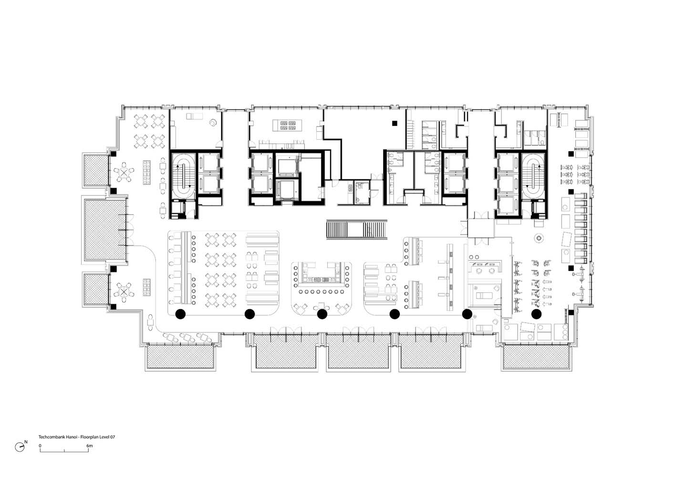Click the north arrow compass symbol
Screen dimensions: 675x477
coord(20,447)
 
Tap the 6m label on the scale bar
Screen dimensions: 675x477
coord(90,446)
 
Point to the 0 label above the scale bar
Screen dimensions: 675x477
coord(40,446)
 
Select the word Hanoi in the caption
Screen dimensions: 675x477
coord(67,436)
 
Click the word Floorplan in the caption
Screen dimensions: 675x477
coord(89,436)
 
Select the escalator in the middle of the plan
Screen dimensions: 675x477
coord(356,229)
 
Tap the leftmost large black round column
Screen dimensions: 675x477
coord(180,314)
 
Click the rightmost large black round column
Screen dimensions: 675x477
coord(536,314)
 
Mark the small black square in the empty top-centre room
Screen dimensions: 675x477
coord(395,123)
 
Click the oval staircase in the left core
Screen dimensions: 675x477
coord(183,176)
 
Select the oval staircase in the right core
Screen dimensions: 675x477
coord(533,176)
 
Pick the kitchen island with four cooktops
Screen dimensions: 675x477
coord(287,125)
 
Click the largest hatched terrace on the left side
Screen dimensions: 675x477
coord(105,229)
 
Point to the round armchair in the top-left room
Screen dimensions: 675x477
coord(213,122)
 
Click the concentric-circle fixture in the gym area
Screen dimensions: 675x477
coord(539,238)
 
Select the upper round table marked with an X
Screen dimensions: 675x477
coord(124,172)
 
